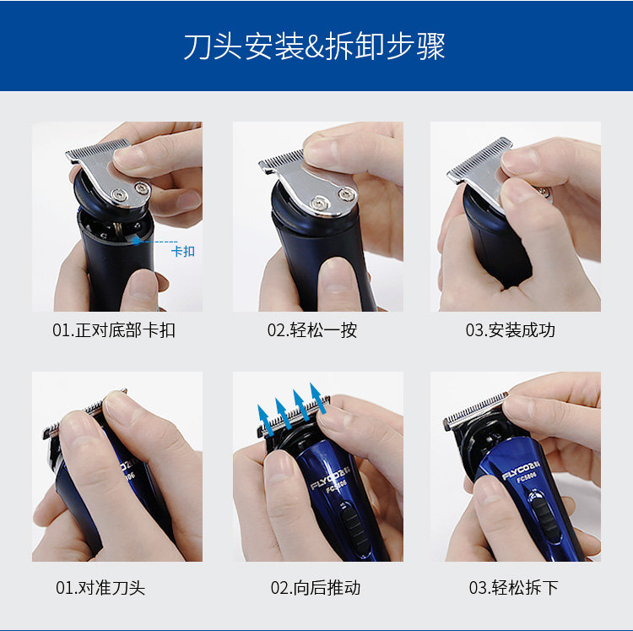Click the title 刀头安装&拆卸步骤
click(x=315, y=46)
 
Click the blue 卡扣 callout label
click(x=183, y=251)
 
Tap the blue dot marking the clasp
click(x=137, y=241)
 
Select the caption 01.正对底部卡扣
click(x=114, y=330)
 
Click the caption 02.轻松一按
click(x=312, y=330)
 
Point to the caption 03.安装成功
click(x=511, y=330)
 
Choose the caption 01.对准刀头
click(x=100, y=588)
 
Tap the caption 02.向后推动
click(x=316, y=588)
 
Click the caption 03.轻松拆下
click(x=513, y=588)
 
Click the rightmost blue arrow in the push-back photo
click(x=319, y=399)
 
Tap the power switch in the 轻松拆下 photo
click(x=544, y=516)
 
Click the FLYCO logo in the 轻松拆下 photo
click(x=521, y=471)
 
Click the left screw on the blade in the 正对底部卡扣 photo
click(x=120, y=195)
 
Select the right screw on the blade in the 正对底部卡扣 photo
click(x=142, y=188)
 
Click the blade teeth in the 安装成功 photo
click(x=479, y=160)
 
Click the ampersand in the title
click(x=314, y=47)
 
